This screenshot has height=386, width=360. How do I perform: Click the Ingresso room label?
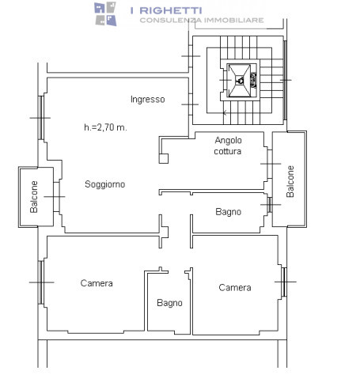click(148, 100)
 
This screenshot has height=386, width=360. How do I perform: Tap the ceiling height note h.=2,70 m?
click(105, 127)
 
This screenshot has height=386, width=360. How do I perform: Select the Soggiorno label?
click(105, 184)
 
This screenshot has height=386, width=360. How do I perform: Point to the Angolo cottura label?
click(228, 146)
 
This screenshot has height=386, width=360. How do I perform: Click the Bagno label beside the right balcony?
click(229, 212)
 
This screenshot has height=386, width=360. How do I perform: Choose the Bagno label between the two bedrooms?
click(169, 303)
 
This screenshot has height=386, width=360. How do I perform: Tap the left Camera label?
click(97, 283)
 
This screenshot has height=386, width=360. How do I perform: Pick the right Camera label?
click(235, 287)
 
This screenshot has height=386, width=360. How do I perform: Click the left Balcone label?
click(34, 197)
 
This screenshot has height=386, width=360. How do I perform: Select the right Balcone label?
click(290, 181)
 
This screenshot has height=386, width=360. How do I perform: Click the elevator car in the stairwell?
click(240, 81)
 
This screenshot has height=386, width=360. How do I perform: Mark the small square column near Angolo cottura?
click(164, 158)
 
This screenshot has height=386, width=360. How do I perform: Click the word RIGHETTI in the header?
click(171, 10)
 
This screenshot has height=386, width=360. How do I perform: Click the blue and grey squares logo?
click(105, 13)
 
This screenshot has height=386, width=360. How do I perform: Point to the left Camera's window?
click(41, 282)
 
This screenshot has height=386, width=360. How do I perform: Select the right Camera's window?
click(284, 282)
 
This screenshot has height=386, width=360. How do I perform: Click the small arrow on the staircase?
click(225, 113)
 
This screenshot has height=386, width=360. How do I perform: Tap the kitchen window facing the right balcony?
click(270, 164)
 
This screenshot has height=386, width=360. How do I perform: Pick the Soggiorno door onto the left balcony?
click(56, 197)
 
